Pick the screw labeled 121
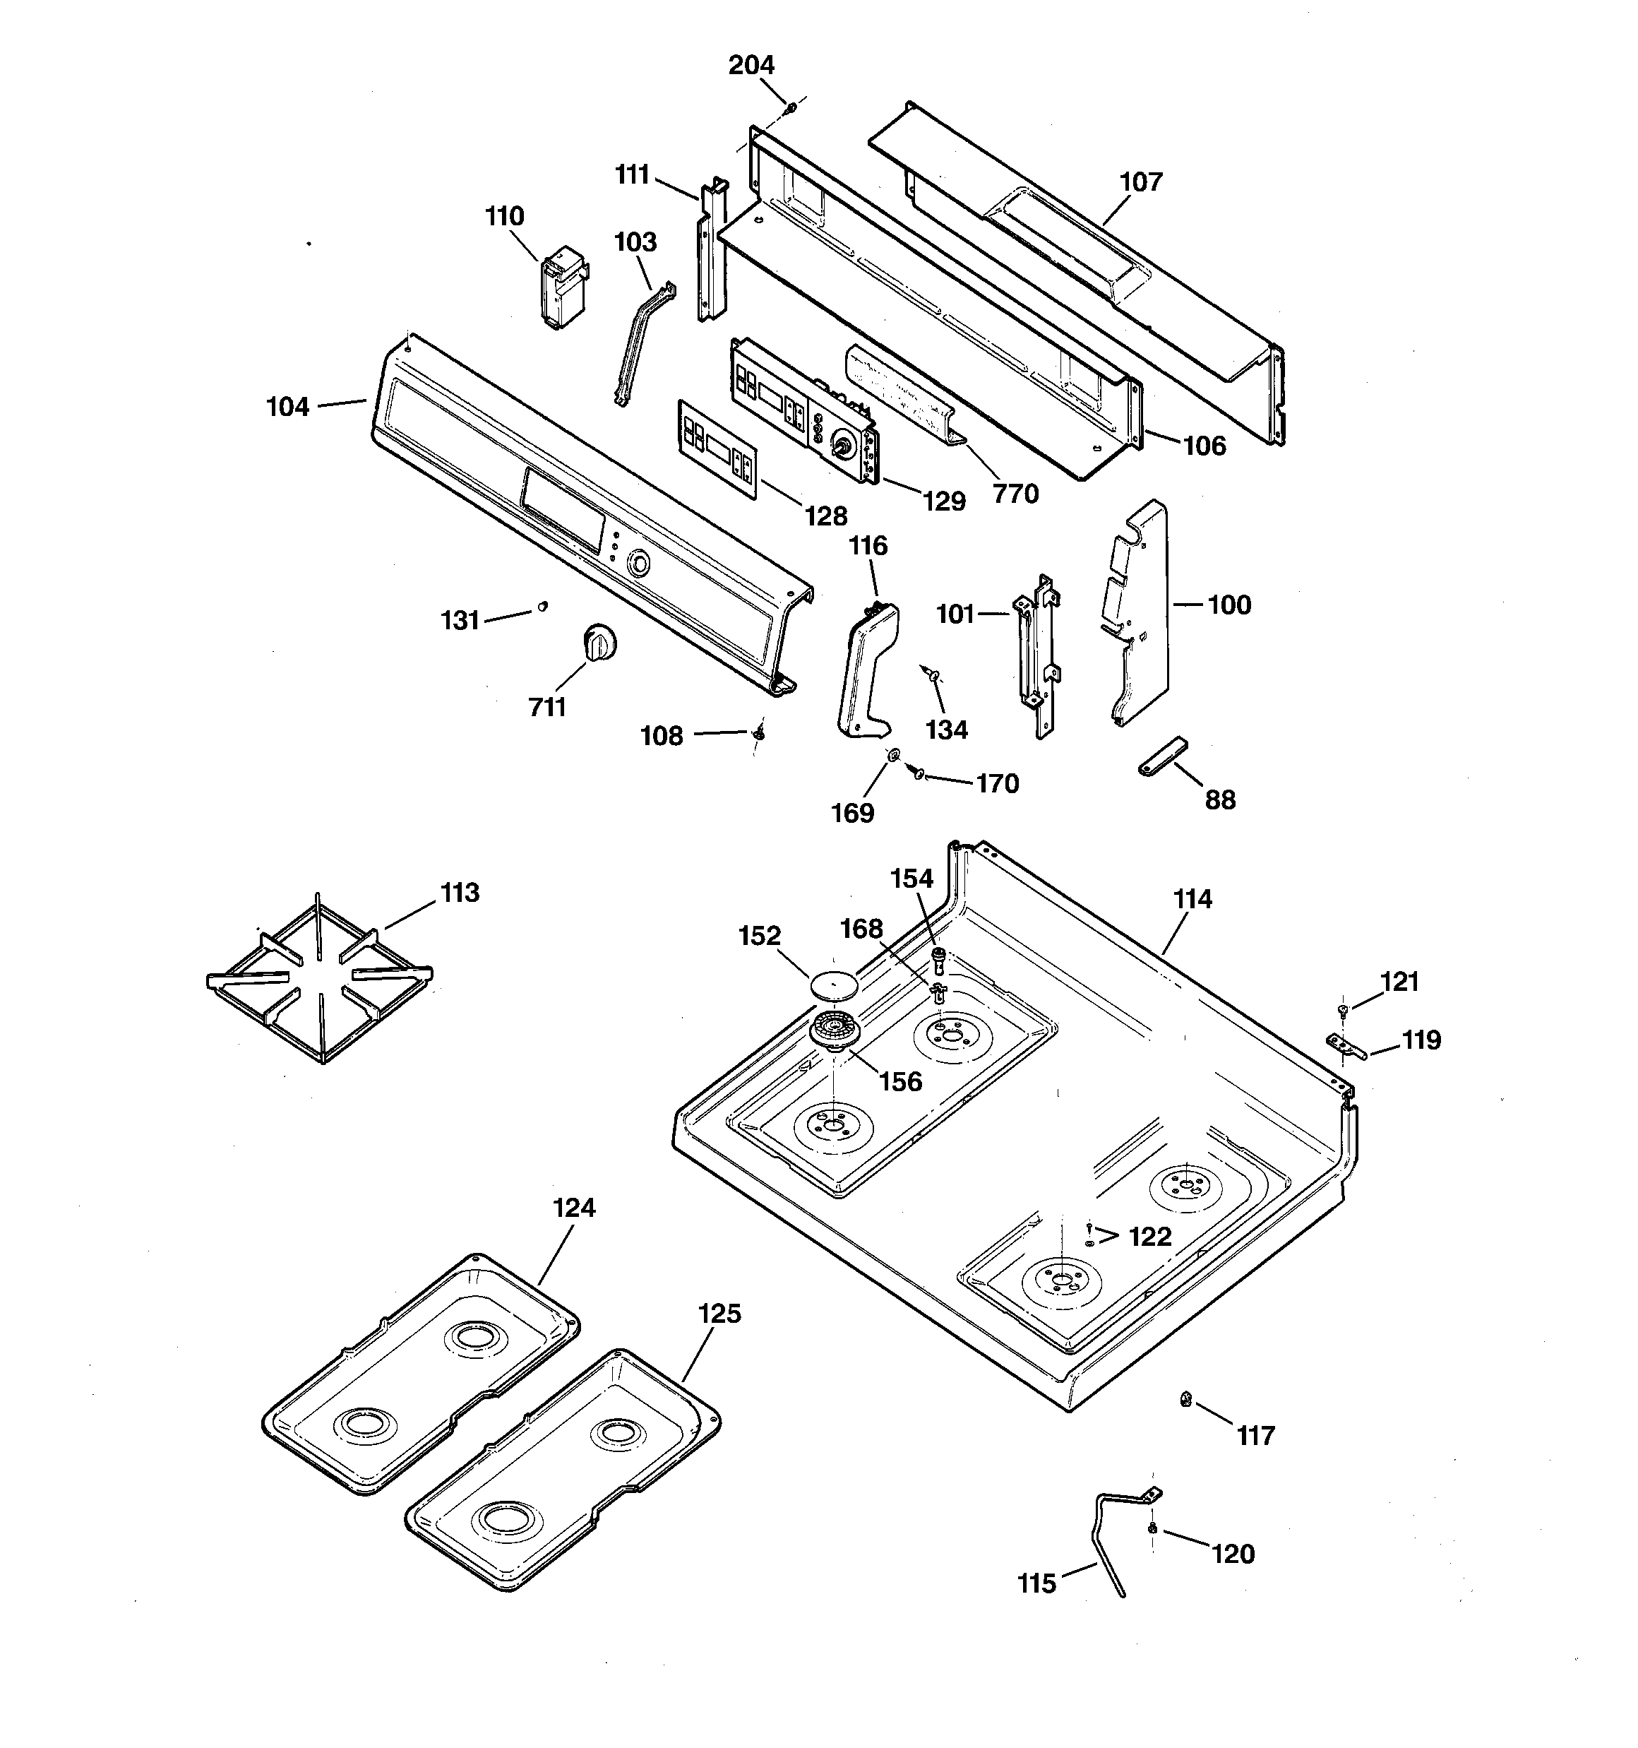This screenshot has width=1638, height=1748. coord(1343,1009)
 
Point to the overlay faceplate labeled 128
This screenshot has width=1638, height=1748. coord(717,448)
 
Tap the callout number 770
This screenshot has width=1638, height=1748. coord(1015,494)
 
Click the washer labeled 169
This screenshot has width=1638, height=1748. coord(892,754)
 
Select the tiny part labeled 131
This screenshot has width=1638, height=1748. coord(542,606)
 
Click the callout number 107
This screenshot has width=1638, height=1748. coord(1140,182)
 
